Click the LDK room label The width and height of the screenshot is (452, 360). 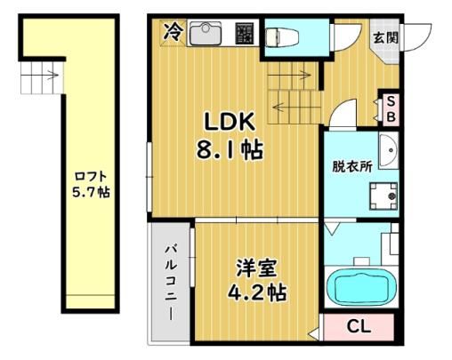(230, 122)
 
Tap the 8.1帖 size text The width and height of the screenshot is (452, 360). (230, 150)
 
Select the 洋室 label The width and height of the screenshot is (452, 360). (256, 268)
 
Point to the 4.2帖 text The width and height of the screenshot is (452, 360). (257, 292)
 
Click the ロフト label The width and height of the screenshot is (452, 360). (91, 177)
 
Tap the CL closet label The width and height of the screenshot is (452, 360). (359, 326)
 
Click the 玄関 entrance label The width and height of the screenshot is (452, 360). (385, 37)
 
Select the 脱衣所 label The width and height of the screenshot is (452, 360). (352, 166)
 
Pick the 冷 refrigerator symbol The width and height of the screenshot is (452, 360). (173, 32)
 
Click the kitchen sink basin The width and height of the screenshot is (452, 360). (206, 34)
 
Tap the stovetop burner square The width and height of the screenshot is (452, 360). (245, 34)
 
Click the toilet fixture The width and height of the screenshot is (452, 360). (281, 37)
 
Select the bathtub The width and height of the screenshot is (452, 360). (361, 286)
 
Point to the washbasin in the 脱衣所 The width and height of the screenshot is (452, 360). (389, 151)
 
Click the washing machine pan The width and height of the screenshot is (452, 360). (383, 196)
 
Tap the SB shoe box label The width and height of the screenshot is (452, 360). (391, 109)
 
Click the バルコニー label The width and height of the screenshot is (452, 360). (171, 283)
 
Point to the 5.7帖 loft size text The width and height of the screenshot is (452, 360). (91, 193)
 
